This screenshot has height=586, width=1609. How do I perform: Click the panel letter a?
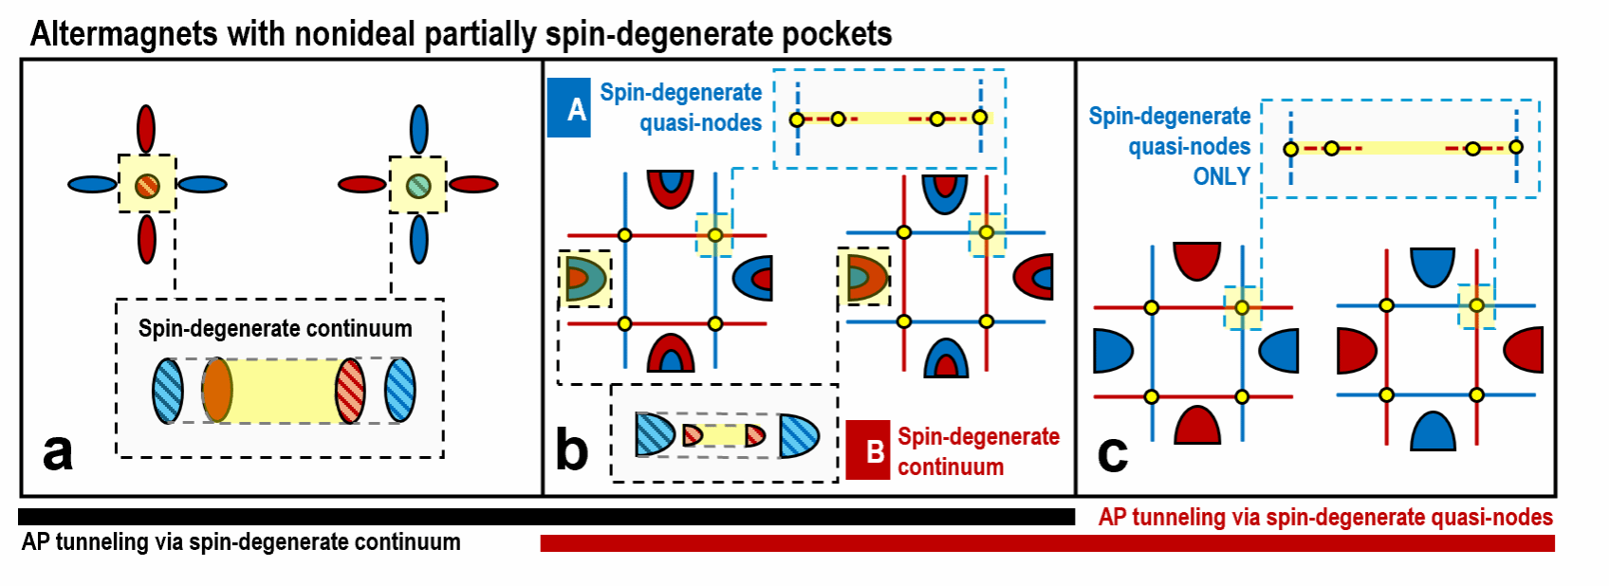[x=58, y=452]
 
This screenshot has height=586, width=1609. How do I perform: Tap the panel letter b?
[x=572, y=449]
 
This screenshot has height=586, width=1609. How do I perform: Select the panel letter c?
[x=1112, y=453]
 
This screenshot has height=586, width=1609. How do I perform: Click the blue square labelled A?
[x=569, y=109]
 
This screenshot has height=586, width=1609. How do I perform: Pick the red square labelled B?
[x=868, y=450]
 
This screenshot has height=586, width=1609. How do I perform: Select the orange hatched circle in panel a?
[x=146, y=185]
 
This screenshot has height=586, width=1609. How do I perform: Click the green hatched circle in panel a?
[x=418, y=185]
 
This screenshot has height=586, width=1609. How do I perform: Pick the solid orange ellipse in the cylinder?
[x=217, y=390]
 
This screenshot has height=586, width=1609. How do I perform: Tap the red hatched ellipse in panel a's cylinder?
[x=350, y=390]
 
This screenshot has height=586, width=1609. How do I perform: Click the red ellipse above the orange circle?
[x=146, y=128]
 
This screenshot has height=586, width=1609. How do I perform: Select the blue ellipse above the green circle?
[x=418, y=128]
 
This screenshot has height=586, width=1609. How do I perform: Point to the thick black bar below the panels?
[x=546, y=517]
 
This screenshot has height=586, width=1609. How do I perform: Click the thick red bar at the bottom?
[x=1046, y=543]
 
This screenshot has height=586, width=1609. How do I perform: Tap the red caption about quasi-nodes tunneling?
[x=1325, y=518]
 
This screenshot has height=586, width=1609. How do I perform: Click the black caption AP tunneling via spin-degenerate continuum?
[x=241, y=542]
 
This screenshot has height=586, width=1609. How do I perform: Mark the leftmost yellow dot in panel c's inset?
[x=1290, y=149]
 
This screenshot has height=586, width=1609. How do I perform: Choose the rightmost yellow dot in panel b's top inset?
[x=980, y=118]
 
